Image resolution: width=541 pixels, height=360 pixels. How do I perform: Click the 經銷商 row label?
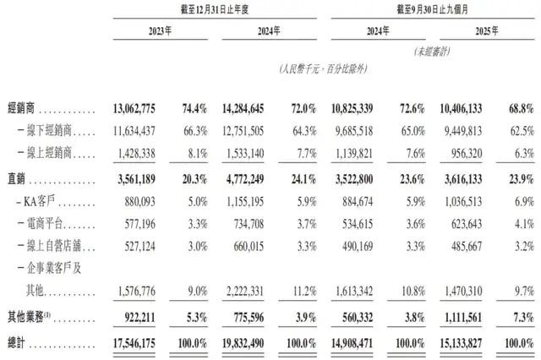(21, 111)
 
